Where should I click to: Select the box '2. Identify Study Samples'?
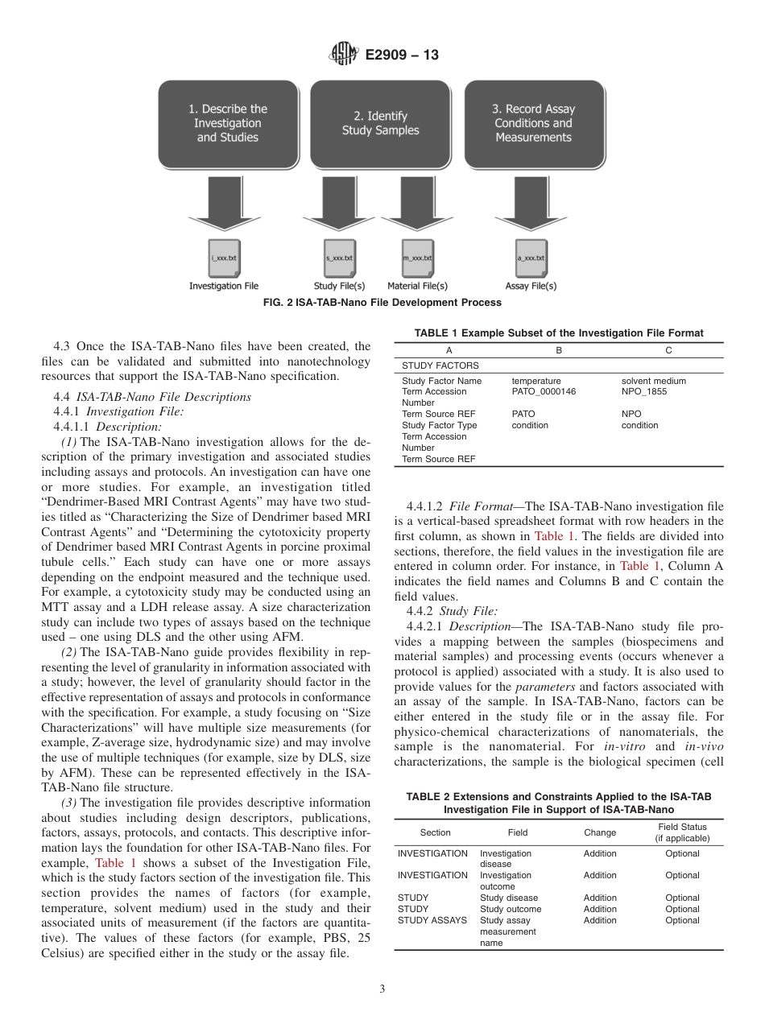(381, 123)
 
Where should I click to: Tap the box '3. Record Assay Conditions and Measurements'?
(533, 123)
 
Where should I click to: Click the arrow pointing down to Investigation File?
(224, 201)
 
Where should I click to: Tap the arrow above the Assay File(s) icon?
(531, 201)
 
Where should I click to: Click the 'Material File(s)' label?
(417, 286)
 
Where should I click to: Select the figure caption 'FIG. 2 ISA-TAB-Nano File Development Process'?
(382, 303)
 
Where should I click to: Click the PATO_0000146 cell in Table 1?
(544, 392)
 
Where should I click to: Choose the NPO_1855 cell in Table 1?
(644, 392)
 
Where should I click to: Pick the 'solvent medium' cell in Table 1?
(654, 381)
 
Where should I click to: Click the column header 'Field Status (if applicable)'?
(682, 832)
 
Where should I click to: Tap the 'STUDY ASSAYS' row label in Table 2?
(432, 920)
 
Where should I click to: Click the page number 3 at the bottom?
(382, 989)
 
